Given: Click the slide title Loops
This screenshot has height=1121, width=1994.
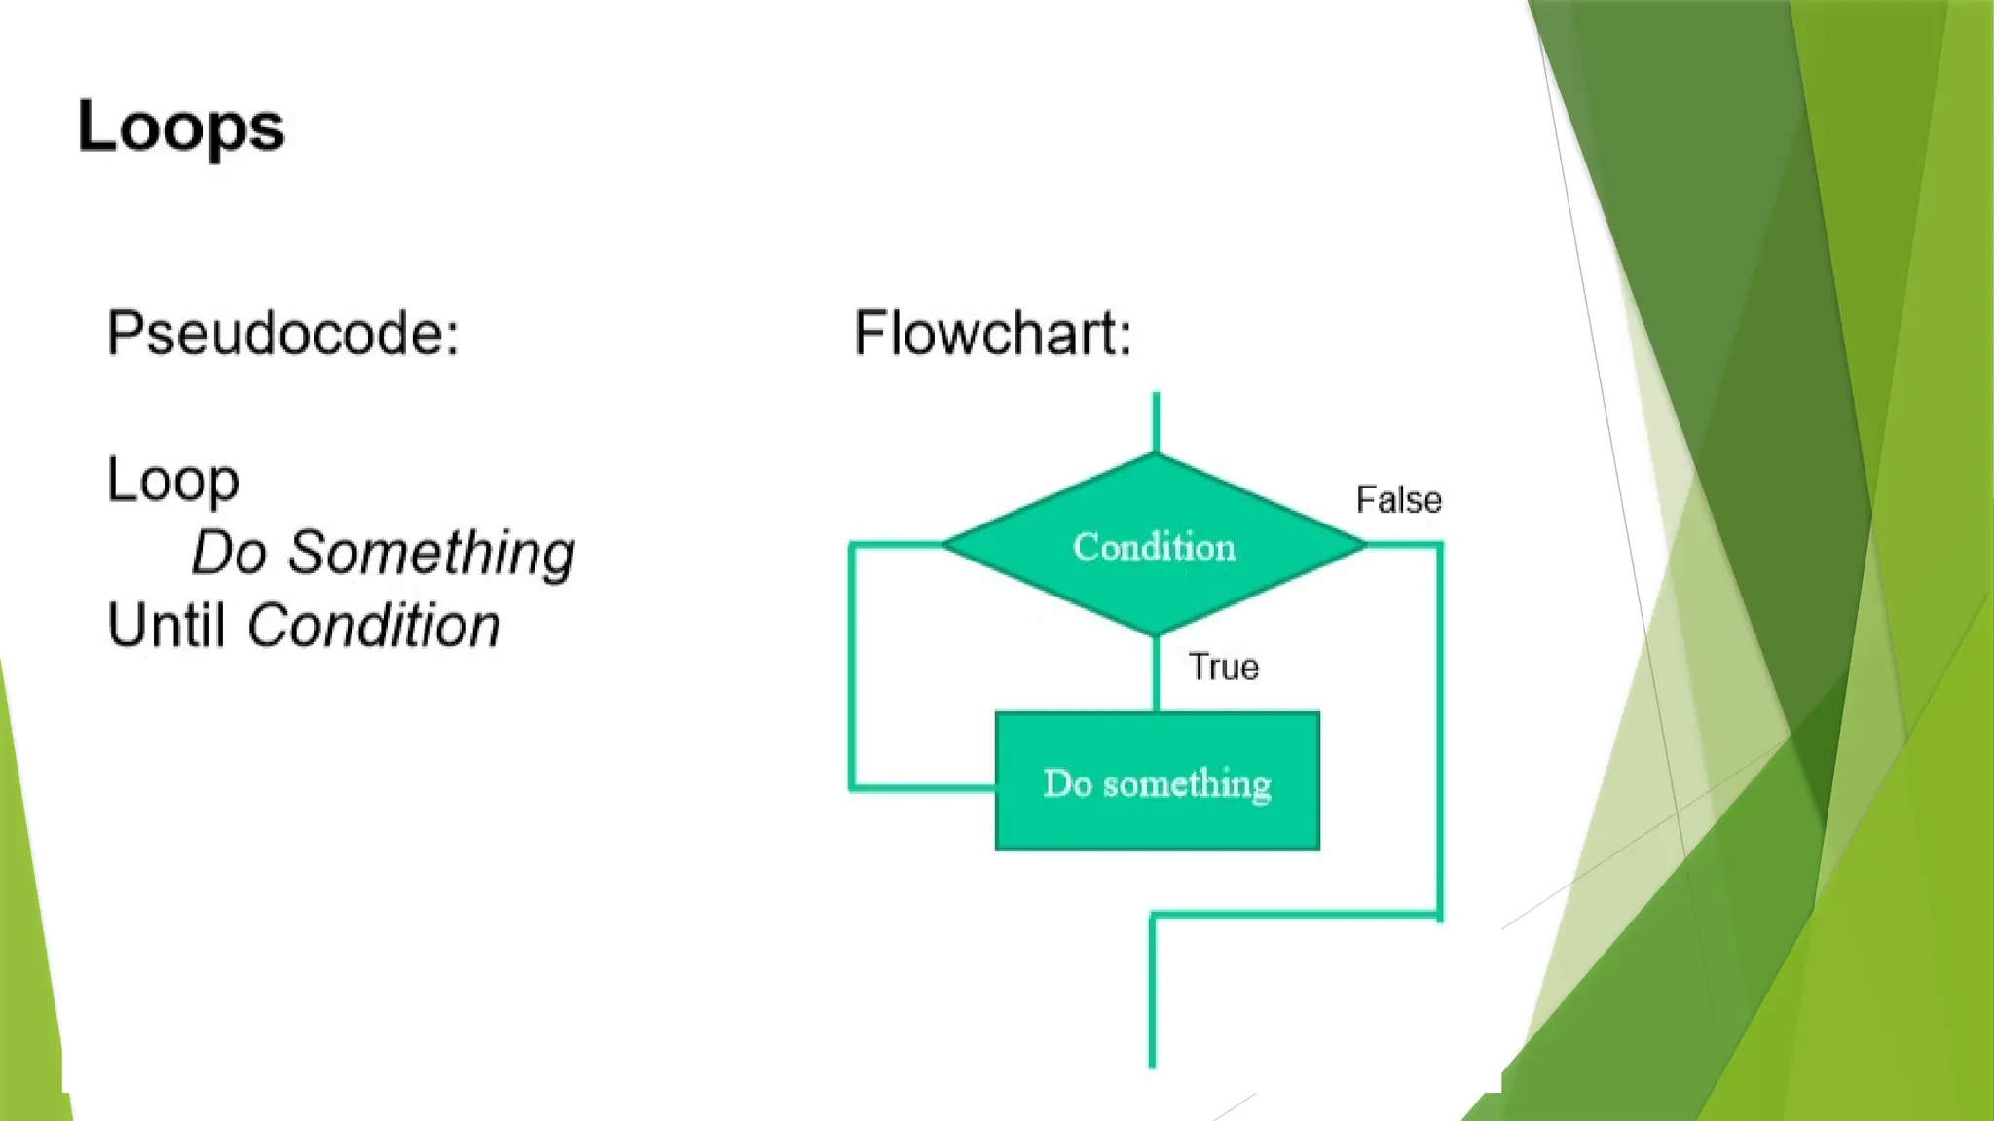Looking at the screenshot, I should (181, 127).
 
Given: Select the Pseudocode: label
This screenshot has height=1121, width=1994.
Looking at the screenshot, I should (282, 334).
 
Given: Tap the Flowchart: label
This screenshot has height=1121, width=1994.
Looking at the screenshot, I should (992, 334).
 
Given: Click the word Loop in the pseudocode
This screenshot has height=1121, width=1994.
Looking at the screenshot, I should (172, 481).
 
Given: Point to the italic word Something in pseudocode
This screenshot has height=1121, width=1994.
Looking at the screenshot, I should (431, 553).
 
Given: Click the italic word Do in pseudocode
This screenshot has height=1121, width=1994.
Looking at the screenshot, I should (229, 553).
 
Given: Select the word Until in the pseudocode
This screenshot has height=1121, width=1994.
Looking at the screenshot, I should (166, 625).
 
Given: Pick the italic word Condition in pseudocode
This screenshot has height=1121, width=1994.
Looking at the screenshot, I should (374, 625).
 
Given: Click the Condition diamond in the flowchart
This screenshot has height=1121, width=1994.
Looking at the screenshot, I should (1155, 546).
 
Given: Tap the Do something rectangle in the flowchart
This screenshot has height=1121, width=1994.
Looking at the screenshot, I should (1157, 782).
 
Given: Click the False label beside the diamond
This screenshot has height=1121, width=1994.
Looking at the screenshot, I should (1398, 500).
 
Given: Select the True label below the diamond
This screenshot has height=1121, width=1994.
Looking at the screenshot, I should (1224, 668).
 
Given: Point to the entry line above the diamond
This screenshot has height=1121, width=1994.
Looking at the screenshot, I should (1156, 422).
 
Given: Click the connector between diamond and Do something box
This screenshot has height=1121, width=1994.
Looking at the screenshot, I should (1156, 674).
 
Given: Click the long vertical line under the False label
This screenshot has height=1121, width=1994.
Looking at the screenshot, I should (1440, 730).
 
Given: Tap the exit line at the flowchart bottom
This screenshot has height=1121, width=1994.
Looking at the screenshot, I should (1153, 993).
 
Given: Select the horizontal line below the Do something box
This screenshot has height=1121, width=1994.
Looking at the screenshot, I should (1295, 915).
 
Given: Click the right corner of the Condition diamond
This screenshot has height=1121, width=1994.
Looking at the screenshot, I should (1362, 545).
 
